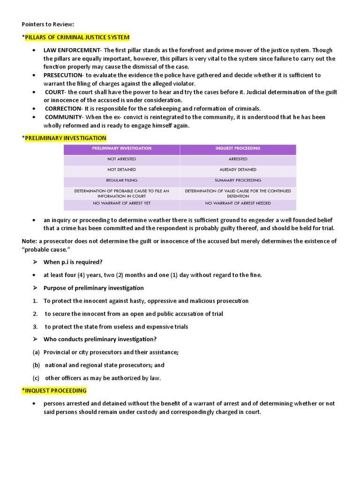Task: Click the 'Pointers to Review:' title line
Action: click(x=48, y=24)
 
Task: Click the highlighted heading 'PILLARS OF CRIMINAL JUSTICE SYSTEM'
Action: click(x=77, y=37)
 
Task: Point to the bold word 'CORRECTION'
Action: click(x=63, y=109)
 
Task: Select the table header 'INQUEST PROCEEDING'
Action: click(x=238, y=149)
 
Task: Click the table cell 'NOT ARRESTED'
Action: click(x=122, y=159)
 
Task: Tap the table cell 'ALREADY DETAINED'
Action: click(x=238, y=170)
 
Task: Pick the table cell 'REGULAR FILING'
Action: click(x=122, y=180)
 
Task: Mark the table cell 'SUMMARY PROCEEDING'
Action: click(x=238, y=180)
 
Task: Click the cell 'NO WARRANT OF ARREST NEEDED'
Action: click(x=238, y=203)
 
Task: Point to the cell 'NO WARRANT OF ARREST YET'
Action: click(x=122, y=203)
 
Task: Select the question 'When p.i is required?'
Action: click(x=73, y=262)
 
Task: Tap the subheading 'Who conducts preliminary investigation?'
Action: click(x=100, y=339)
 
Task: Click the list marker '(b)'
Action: click(x=36, y=365)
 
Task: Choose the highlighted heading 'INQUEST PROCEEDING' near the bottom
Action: click(x=56, y=390)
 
